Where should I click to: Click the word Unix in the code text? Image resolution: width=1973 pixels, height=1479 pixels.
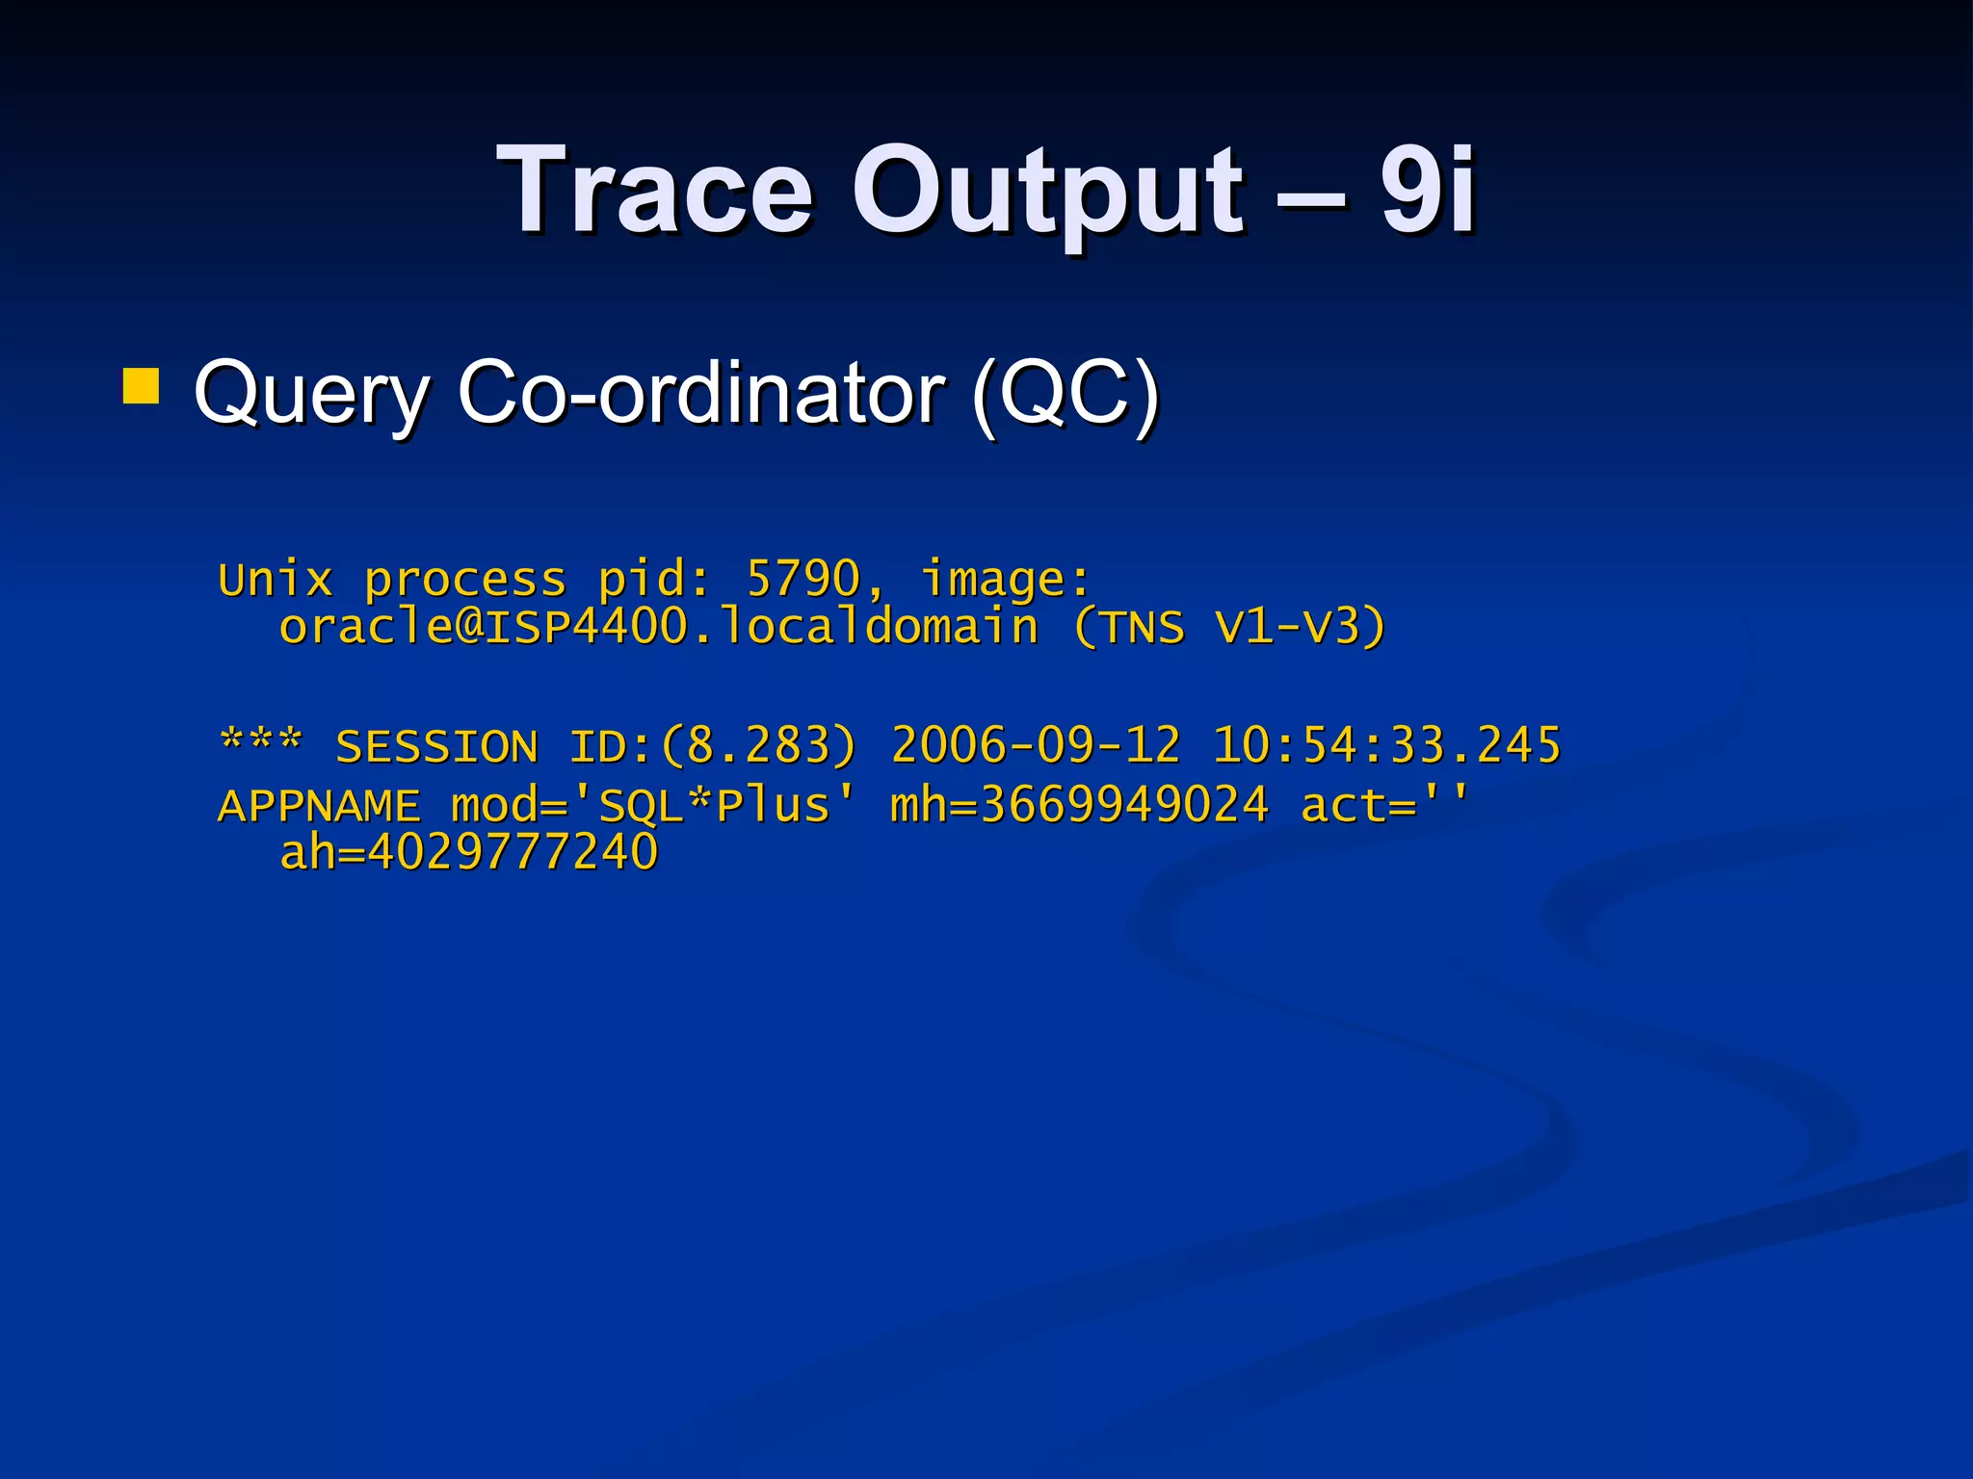[276, 580]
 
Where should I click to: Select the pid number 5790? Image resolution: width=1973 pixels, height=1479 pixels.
[802, 580]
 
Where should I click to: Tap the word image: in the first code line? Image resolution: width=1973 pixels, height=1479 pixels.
[1006, 580]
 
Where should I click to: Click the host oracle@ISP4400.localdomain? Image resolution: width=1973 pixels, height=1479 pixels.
[659, 627]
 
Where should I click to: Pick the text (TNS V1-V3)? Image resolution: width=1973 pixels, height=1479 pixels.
[1229, 627]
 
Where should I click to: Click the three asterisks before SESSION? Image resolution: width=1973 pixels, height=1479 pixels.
[261, 744]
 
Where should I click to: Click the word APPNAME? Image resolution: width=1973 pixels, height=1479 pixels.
[319, 806]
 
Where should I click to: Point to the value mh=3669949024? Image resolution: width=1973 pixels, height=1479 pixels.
[1079, 806]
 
